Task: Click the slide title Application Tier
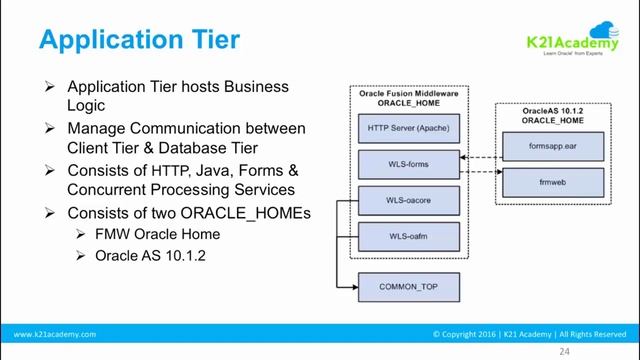139,40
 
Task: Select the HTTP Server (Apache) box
407,129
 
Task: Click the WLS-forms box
407,162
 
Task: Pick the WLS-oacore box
407,201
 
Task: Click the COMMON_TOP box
407,287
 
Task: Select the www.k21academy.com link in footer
55,334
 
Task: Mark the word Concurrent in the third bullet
111,189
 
